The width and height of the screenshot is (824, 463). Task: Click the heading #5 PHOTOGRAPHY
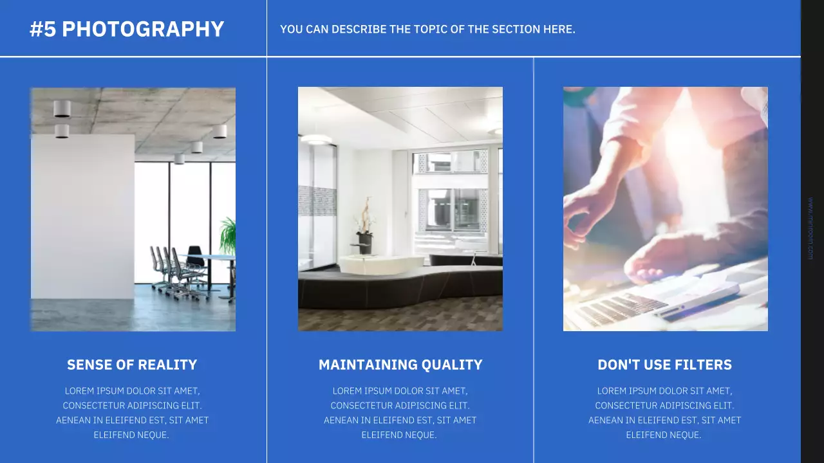click(127, 29)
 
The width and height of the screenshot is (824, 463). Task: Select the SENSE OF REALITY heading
click(132, 365)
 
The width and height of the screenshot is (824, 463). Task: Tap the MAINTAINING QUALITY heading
click(400, 365)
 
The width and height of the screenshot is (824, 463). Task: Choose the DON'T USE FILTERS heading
click(664, 365)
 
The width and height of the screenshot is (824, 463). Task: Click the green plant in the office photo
click(228, 235)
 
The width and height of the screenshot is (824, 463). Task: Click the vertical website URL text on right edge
click(810, 228)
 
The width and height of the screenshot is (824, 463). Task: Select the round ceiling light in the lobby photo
click(316, 139)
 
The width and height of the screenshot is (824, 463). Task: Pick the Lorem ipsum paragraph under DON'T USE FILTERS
click(664, 413)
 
